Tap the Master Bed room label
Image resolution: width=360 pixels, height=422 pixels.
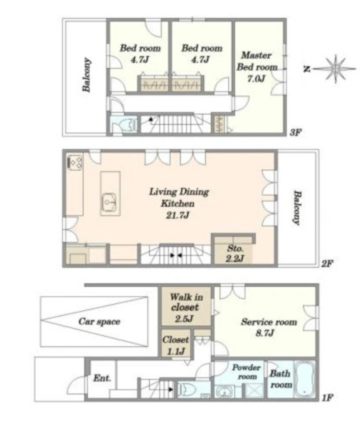pos(257,61)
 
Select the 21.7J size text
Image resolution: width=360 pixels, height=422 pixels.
pos(177,215)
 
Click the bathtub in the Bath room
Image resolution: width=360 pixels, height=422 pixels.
pos(305,378)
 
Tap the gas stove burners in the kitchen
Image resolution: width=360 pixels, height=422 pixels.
pos(76,162)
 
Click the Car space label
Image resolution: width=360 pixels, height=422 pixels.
pos(99,321)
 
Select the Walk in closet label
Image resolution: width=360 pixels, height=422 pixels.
pos(186,302)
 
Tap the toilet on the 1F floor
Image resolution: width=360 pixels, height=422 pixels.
pos(187,389)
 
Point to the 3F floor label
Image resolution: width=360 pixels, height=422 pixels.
pos(295,133)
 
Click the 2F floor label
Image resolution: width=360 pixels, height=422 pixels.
pos(326,264)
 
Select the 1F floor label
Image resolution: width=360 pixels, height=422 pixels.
pos(327,398)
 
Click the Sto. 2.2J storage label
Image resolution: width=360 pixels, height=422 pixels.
pos(235,253)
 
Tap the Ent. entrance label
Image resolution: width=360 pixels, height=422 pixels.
pos(102,378)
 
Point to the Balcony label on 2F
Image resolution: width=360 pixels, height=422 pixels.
pos(296,208)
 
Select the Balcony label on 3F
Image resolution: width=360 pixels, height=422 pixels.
pos(86,75)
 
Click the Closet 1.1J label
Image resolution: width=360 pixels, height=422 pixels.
pos(176,344)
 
